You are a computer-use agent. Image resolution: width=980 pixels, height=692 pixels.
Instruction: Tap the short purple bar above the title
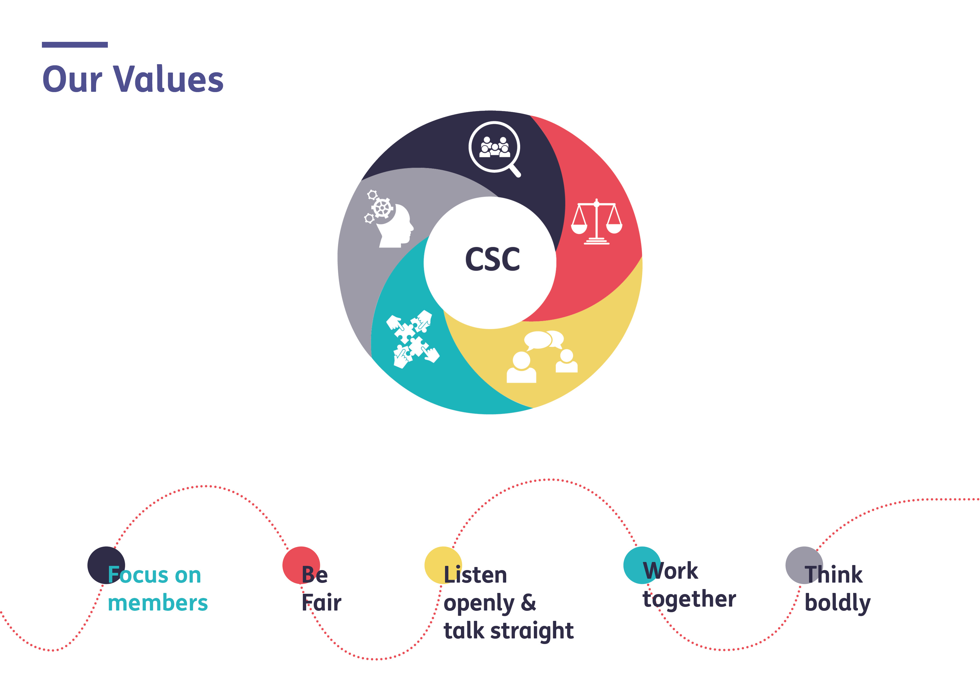[75, 45]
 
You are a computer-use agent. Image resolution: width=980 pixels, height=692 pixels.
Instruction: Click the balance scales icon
[597, 222]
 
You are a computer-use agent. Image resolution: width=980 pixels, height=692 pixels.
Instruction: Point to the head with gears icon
[388, 219]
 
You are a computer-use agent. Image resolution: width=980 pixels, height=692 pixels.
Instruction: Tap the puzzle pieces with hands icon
[413, 339]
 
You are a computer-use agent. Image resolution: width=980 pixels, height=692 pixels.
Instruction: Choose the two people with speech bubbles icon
[542, 357]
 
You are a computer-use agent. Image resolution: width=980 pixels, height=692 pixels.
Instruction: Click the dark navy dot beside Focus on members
[106, 565]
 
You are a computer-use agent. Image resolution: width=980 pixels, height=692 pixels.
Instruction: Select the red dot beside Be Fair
[301, 565]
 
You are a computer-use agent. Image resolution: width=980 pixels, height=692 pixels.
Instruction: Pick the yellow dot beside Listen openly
[443, 565]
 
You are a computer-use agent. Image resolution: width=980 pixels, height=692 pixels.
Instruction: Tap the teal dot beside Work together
[642, 565]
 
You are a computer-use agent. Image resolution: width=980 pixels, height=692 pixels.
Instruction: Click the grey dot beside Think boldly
[804, 565]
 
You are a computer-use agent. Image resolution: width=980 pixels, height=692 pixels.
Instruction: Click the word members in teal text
[158, 603]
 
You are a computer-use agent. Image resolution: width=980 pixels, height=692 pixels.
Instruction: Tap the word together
[689, 599]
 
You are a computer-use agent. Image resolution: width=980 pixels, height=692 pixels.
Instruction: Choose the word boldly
[838, 603]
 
